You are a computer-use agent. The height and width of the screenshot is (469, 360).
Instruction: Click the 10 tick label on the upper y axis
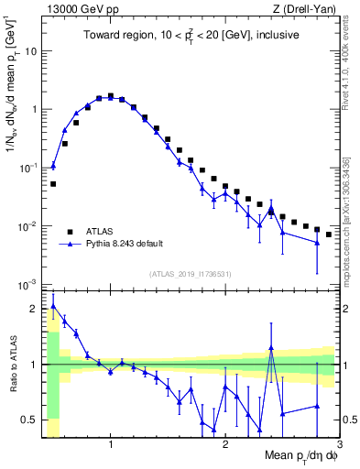pos(29,50)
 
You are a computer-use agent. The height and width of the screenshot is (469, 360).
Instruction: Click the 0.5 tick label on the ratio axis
pos(27,420)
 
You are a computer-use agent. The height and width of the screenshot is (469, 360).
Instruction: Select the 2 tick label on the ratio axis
pos(32,308)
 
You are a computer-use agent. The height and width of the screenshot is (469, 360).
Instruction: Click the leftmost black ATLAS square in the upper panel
pos(53,184)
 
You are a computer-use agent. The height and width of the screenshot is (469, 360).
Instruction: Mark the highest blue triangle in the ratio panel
pos(53,306)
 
